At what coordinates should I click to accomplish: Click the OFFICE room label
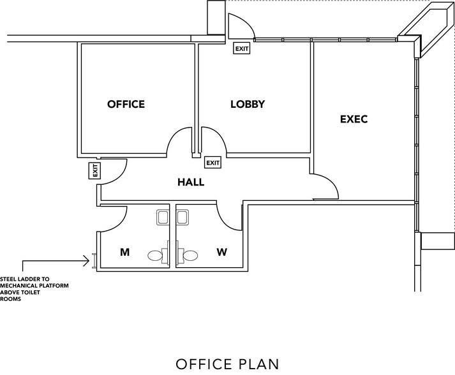126,104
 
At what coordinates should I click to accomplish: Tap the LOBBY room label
247,104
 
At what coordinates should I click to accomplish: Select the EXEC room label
354,119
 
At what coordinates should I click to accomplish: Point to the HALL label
191,182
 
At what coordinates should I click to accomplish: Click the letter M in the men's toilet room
125,253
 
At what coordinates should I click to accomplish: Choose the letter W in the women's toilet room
221,253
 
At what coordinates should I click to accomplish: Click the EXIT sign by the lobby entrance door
242,48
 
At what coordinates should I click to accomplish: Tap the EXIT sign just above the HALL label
213,163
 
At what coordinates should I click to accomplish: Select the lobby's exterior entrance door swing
242,26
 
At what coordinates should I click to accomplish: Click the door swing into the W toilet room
227,217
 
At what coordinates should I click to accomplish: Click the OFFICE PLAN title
227,364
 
